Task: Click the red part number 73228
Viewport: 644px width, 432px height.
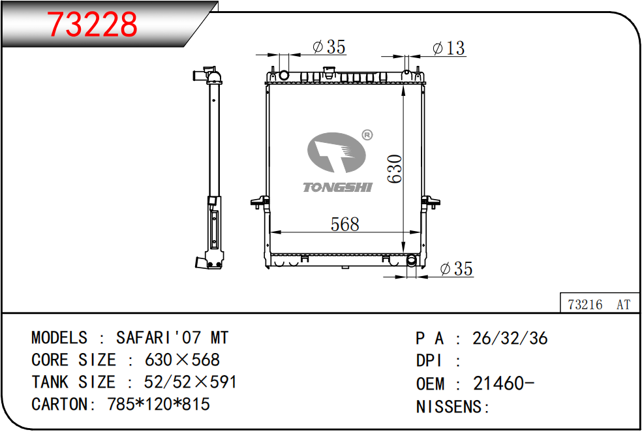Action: coord(92,24)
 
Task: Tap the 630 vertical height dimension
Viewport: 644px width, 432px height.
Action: coord(395,168)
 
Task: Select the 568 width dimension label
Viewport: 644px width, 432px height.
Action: coord(345,224)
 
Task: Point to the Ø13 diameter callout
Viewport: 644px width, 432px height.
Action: coord(448,48)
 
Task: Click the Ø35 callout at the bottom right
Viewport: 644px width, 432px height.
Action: coord(456,269)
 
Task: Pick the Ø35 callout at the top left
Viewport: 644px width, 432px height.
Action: coord(329,47)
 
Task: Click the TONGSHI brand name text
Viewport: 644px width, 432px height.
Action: coord(337,188)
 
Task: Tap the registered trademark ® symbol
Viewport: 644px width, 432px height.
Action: coord(367,134)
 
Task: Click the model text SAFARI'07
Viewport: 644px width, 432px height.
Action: coord(159,338)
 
